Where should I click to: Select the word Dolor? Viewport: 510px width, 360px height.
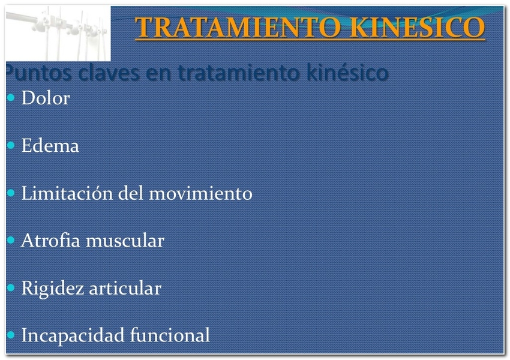pos(46,98)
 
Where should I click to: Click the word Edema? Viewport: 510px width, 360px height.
pos(50,145)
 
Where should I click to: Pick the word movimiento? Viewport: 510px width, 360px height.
pos(200,193)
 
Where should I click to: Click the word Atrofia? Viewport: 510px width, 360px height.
pos(50,241)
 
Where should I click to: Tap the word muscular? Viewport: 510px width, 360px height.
pos(125,241)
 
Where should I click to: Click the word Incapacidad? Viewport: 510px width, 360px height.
pos(73,335)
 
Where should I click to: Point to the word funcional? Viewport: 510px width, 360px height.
pos(170,335)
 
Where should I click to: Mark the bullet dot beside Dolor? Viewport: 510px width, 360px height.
pos(11,97)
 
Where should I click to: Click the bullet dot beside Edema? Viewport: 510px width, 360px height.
pos(11,145)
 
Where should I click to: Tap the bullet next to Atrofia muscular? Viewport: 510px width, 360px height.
pos(11,240)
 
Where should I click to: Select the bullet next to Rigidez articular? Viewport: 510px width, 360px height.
pos(11,287)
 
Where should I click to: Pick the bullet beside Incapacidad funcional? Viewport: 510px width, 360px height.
pos(11,335)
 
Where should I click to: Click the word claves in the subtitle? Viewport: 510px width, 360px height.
pos(109,72)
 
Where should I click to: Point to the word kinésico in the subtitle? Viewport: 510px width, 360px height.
pos(347,72)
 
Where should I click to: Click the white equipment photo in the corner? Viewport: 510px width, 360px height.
pos(58,34)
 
